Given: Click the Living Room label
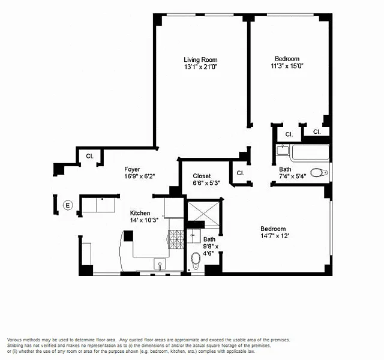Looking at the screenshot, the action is coord(200,60).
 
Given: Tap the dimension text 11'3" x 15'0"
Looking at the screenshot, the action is coord(287,66).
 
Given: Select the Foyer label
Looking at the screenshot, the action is coord(132,169).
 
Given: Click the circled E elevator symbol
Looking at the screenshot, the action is coord(68,205).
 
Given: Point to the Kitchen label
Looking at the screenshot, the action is coord(140,213).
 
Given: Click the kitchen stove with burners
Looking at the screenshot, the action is coord(176,239).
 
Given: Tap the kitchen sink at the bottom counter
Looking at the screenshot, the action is coord(160,264).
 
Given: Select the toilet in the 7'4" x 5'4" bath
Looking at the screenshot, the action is coord(319,173).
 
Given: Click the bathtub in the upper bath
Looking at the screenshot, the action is coord(310,153).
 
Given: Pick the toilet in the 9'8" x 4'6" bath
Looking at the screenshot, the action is coord(196,261).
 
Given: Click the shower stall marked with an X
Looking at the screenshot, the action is coord(204,213).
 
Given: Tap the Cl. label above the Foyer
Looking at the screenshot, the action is coord(89,156).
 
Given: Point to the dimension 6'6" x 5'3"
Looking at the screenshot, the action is coord(206,183).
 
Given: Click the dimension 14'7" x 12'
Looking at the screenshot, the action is coord(275,236).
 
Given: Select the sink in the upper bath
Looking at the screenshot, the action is coord(283,149).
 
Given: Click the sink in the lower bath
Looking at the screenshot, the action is coord(193,236).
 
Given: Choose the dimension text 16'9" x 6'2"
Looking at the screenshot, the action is coord(140,176).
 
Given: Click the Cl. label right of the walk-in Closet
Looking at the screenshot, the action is coord(241,173).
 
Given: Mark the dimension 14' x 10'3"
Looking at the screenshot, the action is coord(144,220).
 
